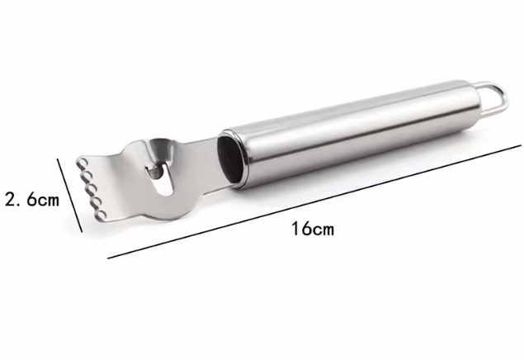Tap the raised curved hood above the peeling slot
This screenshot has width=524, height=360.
160,147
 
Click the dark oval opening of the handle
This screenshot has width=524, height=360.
230,158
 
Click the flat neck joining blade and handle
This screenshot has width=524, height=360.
201,154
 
